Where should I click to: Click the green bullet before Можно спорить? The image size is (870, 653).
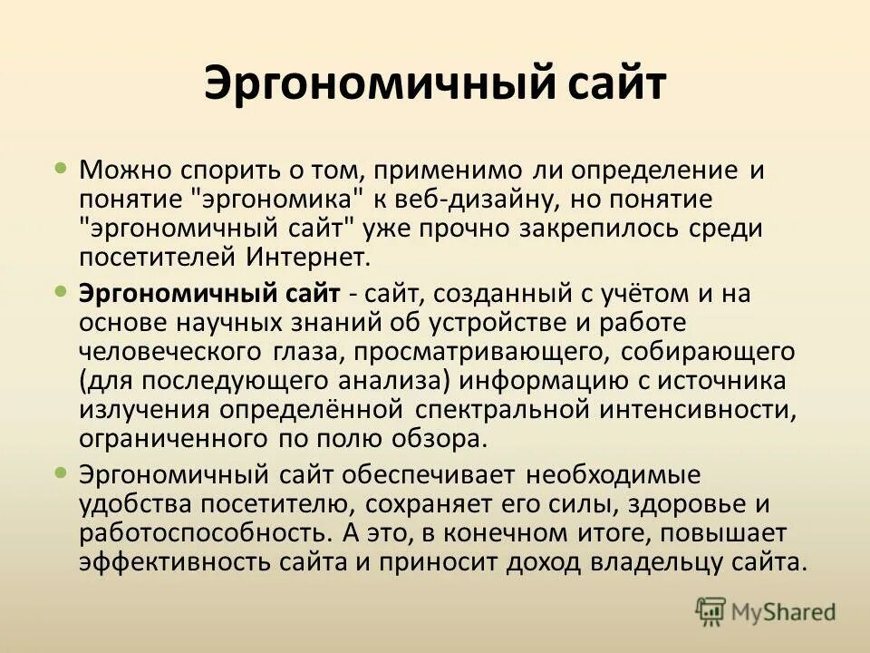pos(61,168)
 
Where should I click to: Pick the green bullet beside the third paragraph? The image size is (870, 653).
pos(61,473)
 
